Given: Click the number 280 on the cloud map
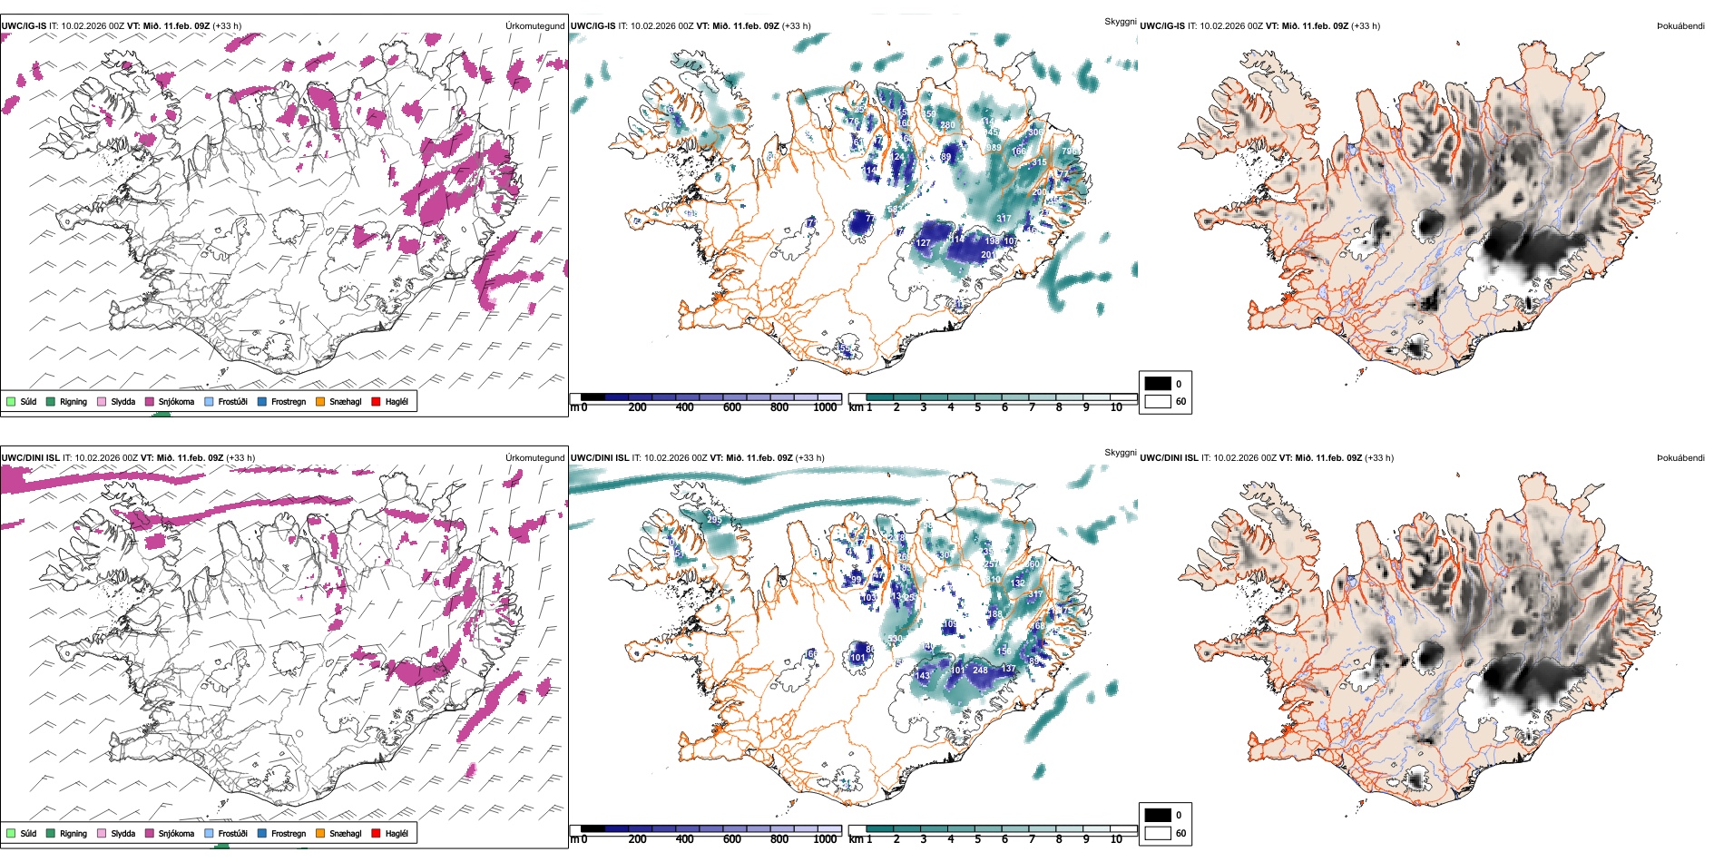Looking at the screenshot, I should tap(947, 125).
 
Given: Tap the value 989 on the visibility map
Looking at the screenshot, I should tap(994, 148).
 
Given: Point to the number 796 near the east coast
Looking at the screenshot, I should tap(1069, 152).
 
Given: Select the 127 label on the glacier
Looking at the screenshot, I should tap(924, 243).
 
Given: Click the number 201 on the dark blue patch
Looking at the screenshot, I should tap(988, 255).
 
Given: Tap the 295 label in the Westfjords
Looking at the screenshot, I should tap(715, 521).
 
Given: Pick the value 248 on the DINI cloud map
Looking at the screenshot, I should tap(980, 671).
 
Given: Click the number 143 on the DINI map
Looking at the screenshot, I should tap(923, 676).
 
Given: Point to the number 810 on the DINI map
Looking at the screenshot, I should tap(994, 579).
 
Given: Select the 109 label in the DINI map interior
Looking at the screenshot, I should tap(949, 624).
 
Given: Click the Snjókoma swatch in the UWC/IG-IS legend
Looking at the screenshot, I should tap(150, 401).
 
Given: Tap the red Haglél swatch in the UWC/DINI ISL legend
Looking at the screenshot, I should tap(377, 833).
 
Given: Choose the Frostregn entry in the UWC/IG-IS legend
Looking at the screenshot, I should tap(263, 401).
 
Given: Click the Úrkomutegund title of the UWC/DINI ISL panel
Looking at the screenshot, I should tap(534, 457).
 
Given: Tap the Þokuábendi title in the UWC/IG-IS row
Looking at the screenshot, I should tap(1680, 26).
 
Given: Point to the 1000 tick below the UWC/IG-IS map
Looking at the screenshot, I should tap(825, 407).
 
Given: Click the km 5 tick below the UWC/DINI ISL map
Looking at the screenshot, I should tap(977, 839).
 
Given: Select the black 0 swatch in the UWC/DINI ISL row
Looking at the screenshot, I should tap(1158, 815).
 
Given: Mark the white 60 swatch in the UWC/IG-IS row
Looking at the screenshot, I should tap(1158, 401).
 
